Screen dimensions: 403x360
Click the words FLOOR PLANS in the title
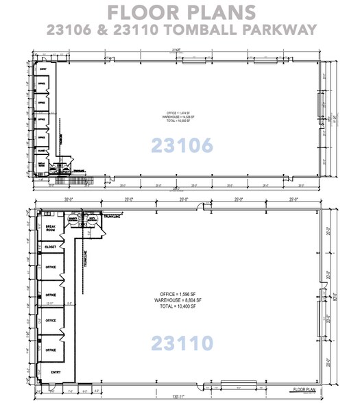tap(180, 13)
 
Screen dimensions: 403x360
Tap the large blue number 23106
tap(180, 145)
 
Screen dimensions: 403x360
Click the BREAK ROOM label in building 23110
tap(50, 229)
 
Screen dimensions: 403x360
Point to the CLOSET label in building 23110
tap(50, 248)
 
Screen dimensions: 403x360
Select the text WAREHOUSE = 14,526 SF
tap(180, 117)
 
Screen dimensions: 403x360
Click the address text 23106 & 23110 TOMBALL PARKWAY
tap(180, 30)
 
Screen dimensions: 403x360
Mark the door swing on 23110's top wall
tap(199, 208)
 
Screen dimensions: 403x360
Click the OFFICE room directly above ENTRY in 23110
tap(50, 349)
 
